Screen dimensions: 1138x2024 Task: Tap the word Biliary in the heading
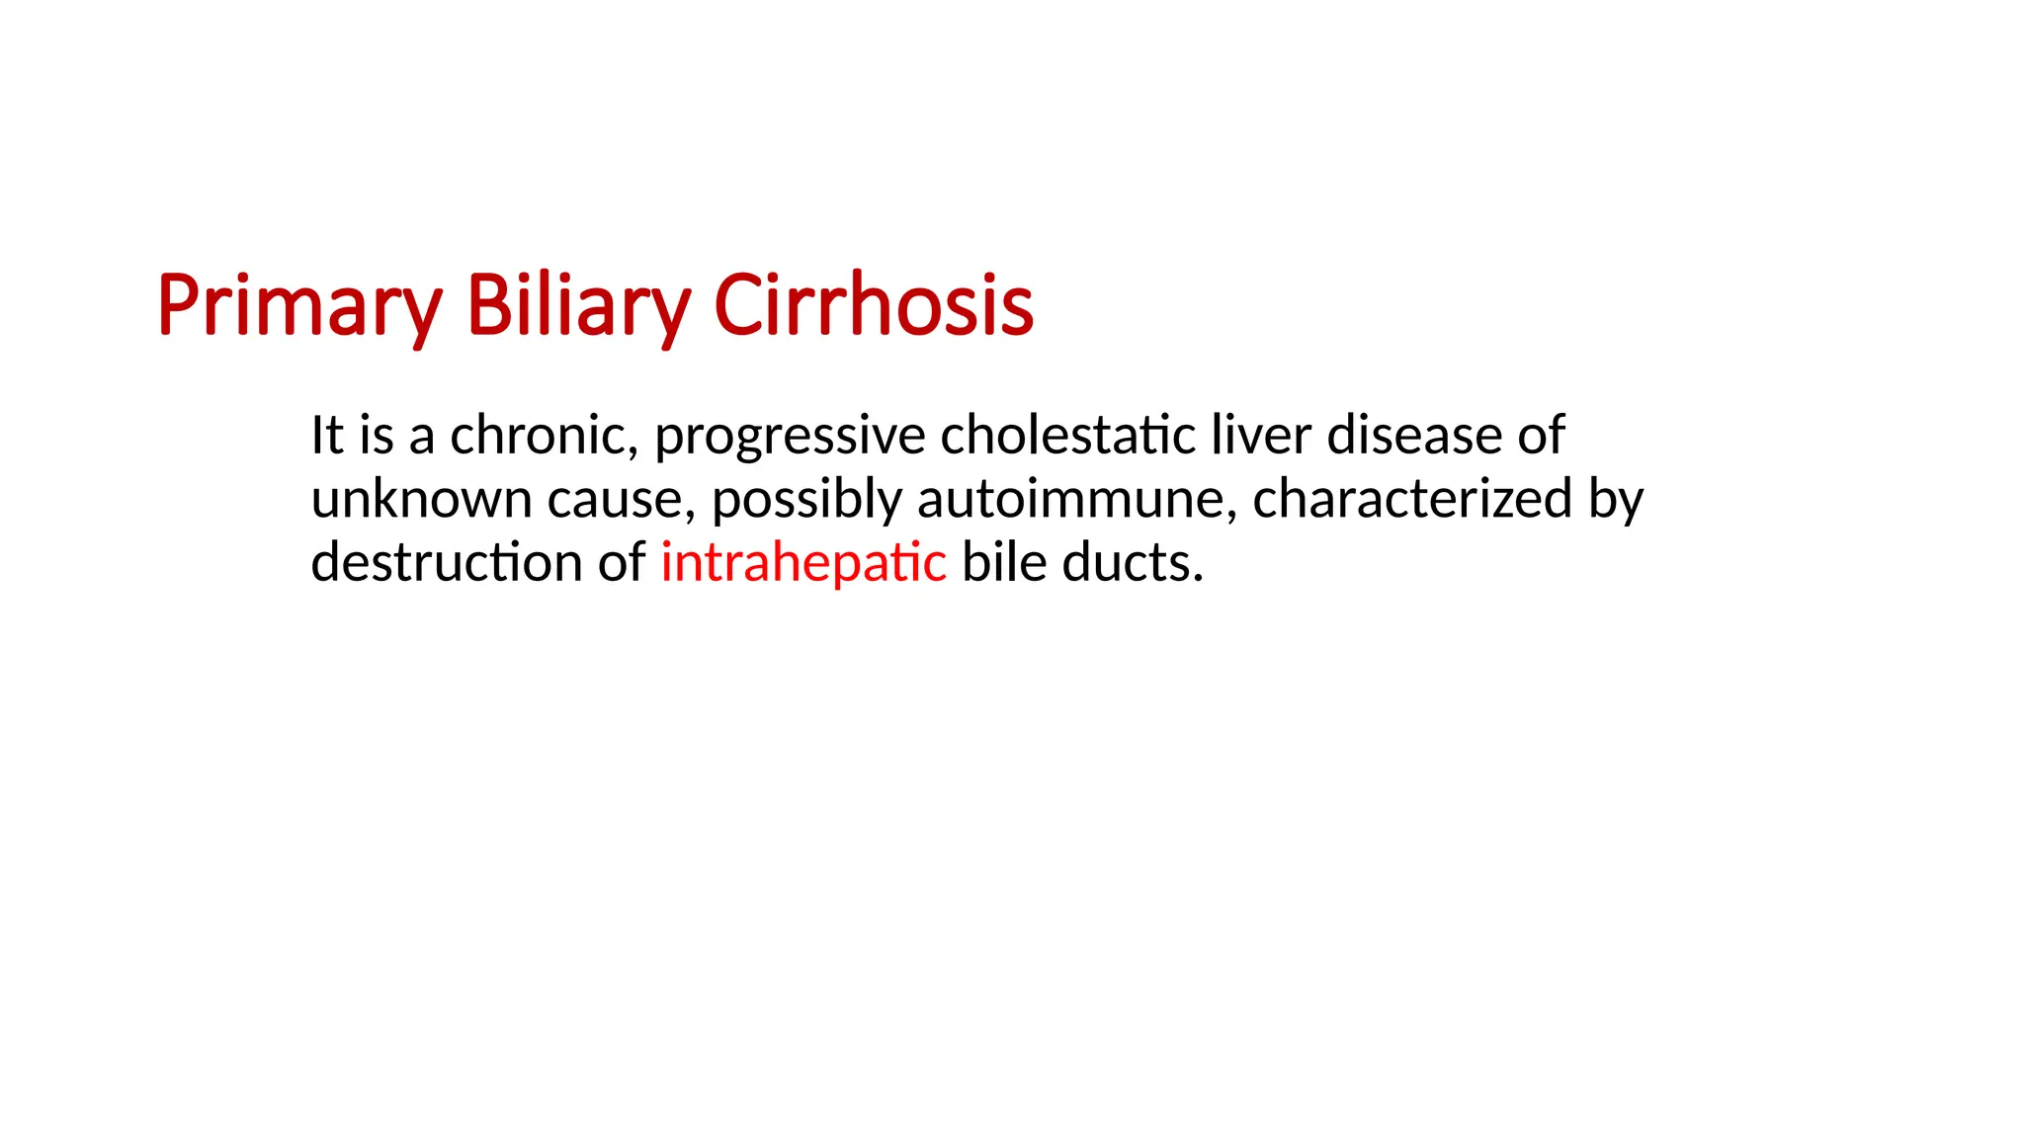coord(577,306)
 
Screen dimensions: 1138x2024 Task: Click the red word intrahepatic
coord(802,563)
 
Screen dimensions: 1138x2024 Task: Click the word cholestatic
coord(1068,436)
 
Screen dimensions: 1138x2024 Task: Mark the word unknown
coord(421,499)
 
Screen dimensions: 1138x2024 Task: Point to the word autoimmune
coord(1076,499)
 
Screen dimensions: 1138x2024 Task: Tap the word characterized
coord(1412,499)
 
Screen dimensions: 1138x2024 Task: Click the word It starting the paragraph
coord(327,436)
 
